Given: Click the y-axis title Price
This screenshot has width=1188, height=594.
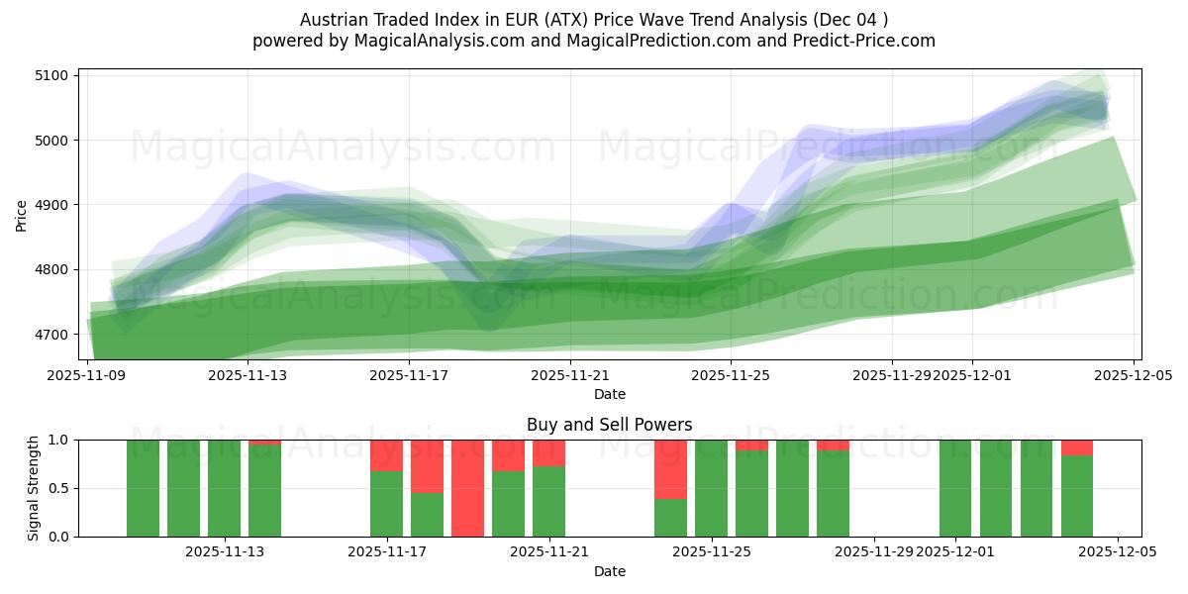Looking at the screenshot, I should point(22,214).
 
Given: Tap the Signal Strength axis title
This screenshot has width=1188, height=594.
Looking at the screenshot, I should point(34,488).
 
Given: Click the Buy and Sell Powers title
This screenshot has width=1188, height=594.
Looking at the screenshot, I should point(609,425).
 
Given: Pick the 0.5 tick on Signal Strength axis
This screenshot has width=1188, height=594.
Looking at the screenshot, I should point(59,488).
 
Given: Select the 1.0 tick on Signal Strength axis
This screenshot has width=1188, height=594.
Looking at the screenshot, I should point(59,440).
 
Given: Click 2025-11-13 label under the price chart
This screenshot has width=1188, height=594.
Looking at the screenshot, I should point(247,375).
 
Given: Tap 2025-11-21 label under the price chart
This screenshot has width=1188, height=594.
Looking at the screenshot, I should point(570,375).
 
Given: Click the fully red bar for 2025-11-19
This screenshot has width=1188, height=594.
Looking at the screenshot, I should point(467,488).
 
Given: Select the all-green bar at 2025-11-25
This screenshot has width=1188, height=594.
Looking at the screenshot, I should point(711,488).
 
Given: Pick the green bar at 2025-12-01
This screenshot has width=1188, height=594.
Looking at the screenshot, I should point(954,488).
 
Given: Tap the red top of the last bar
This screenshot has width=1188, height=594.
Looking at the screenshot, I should point(1076,447).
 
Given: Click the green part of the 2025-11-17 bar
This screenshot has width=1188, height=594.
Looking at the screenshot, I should point(386,504).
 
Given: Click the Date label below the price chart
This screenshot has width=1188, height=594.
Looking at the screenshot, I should point(609,394).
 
